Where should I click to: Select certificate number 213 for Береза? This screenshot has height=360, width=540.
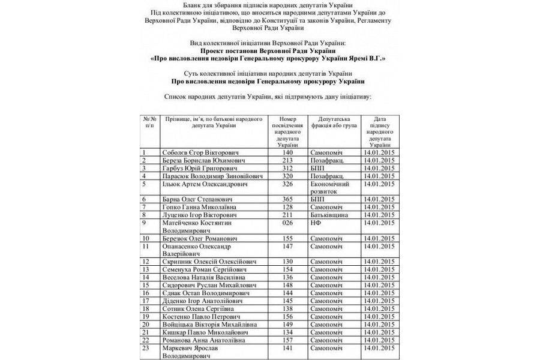click(287, 161)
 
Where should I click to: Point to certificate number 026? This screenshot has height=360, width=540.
click(287, 223)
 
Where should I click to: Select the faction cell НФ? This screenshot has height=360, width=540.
click(316, 223)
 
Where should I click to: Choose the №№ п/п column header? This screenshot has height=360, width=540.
click(149, 123)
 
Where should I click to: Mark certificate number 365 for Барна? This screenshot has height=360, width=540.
click(287, 199)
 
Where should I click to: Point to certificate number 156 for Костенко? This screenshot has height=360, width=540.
click(287, 316)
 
